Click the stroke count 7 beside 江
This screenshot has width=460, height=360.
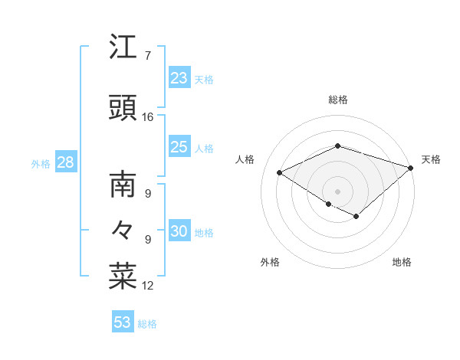147,56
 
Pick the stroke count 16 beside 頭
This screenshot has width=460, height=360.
148,117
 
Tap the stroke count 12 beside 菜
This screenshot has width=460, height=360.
148,286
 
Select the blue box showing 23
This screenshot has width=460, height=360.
179,77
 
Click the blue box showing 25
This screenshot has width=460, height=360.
179,147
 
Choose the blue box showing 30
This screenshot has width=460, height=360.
179,232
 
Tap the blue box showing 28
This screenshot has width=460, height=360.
65,162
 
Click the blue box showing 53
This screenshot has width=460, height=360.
123,322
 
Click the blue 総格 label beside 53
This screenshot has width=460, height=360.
147,324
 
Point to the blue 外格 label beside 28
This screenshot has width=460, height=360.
41,164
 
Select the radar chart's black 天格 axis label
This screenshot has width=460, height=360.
431,159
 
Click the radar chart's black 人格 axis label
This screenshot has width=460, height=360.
245,159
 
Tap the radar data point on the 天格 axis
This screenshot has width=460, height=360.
411,167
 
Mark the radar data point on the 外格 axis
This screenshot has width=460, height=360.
328,204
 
